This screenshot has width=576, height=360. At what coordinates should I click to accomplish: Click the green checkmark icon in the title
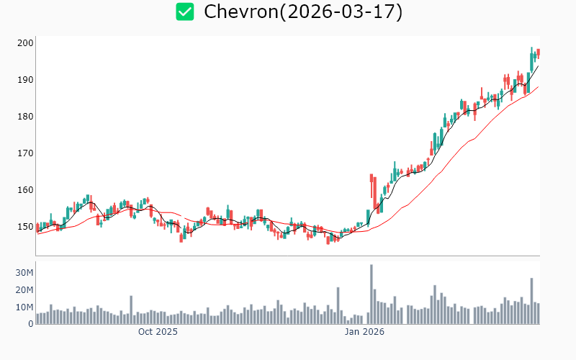pyautogui.click(x=186, y=12)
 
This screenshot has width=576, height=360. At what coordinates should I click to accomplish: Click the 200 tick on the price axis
pyautogui.click(x=26, y=43)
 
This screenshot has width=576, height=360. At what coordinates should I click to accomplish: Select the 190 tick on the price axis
pyautogui.click(x=26, y=80)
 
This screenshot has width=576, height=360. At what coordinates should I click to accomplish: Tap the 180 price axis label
pyautogui.click(x=26, y=117)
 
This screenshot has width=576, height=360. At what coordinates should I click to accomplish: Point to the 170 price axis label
pyautogui.click(x=26, y=153)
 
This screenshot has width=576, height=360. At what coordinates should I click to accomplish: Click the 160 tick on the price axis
pyautogui.click(x=26, y=190)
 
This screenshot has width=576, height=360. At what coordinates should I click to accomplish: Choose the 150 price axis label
pyautogui.click(x=26, y=227)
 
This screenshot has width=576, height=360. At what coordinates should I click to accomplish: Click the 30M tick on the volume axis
pyautogui.click(x=24, y=273)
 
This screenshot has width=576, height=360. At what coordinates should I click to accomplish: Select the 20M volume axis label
pyautogui.click(x=24, y=290)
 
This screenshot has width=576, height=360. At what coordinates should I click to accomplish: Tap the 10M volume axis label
pyautogui.click(x=24, y=307)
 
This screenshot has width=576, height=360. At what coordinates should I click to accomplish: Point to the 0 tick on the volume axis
pyautogui.click(x=30, y=324)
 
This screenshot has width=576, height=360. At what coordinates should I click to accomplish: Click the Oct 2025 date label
pyautogui.click(x=158, y=332)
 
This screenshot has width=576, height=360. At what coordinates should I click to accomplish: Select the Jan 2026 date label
pyautogui.click(x=364, y=332)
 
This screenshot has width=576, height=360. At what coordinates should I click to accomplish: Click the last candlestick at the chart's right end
pyautogui.click(x=538, y=53)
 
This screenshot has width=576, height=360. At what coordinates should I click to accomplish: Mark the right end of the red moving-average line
pyautogui.click(x=538, y=87)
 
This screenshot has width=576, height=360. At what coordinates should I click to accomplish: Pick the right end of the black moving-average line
pyautogui.click(x=538, y=66)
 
